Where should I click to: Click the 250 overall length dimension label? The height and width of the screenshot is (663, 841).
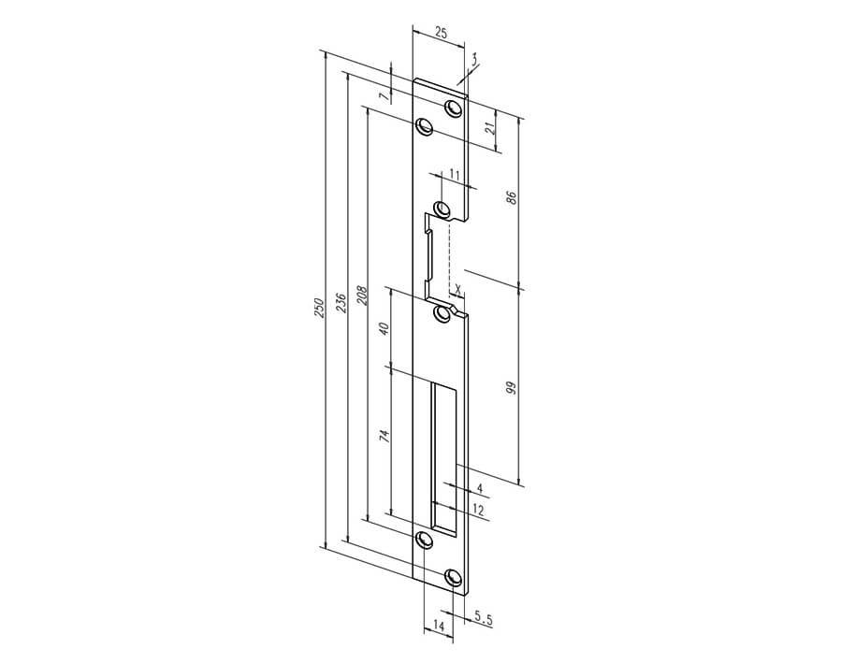coord(320,308)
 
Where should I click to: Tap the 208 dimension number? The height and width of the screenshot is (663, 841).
coord(363,295)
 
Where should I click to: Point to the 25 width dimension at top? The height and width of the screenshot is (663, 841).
coord(441,33)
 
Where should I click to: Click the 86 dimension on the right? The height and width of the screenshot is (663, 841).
coord(512,197)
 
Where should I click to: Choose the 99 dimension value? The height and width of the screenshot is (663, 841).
coord(512,387)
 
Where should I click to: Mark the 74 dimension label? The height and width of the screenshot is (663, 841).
coord(384,436)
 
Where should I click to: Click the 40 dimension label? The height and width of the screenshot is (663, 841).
coord(384,328)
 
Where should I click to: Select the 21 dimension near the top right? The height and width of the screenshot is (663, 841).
coord(489,129)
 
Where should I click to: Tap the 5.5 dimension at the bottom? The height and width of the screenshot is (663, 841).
coord(484,620)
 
